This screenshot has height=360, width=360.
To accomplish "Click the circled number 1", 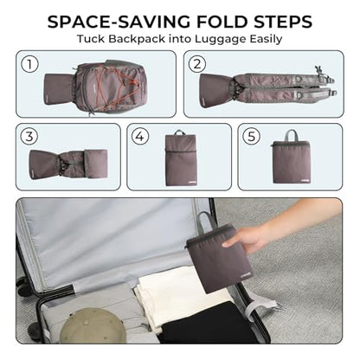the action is coord(29,64).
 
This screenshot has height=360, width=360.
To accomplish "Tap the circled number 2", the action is coord(197,64).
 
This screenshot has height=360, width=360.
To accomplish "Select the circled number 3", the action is coord(29,136).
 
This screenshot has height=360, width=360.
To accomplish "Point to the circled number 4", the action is coord(140,136).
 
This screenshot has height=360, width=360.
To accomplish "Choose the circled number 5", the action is coord(251,136).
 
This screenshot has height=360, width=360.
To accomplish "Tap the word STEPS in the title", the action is coord(283,22).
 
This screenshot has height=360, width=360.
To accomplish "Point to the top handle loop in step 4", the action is coord(181,132).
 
